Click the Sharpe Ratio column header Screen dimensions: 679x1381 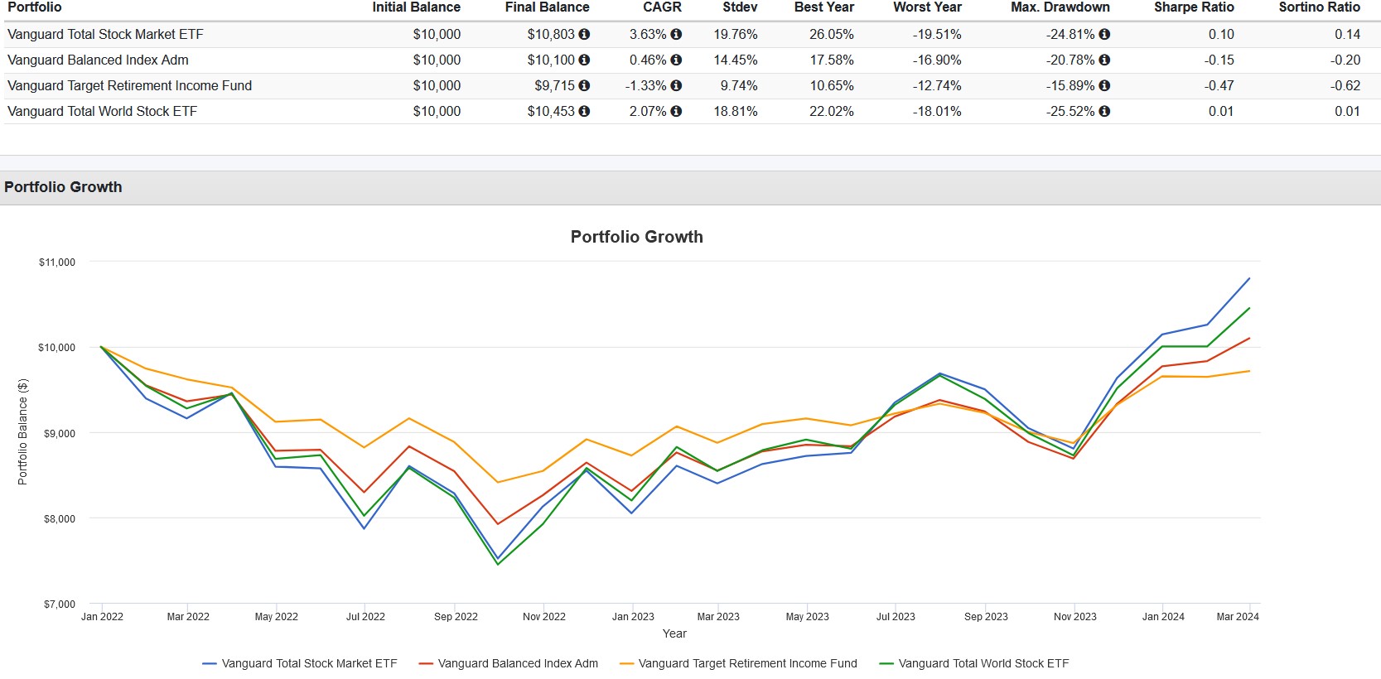1194,7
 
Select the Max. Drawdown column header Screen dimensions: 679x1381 1060,7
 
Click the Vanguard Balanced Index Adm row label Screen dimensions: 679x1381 98,60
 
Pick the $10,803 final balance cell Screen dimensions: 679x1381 550,35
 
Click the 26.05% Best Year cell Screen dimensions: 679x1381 831,35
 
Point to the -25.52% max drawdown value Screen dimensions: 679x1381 1070,112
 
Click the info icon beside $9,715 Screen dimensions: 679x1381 584,86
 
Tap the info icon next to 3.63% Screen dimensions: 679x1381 676,35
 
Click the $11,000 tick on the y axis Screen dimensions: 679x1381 57,262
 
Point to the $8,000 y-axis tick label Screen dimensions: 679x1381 60,519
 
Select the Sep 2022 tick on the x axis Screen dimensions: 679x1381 456,617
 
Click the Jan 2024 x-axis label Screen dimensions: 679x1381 1163,617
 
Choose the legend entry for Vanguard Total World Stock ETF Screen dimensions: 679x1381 974,663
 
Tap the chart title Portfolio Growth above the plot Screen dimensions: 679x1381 636,237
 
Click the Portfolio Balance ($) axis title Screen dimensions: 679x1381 23,431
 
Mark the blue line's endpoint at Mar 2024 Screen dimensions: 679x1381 1249,278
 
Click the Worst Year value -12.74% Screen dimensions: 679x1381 937,86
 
